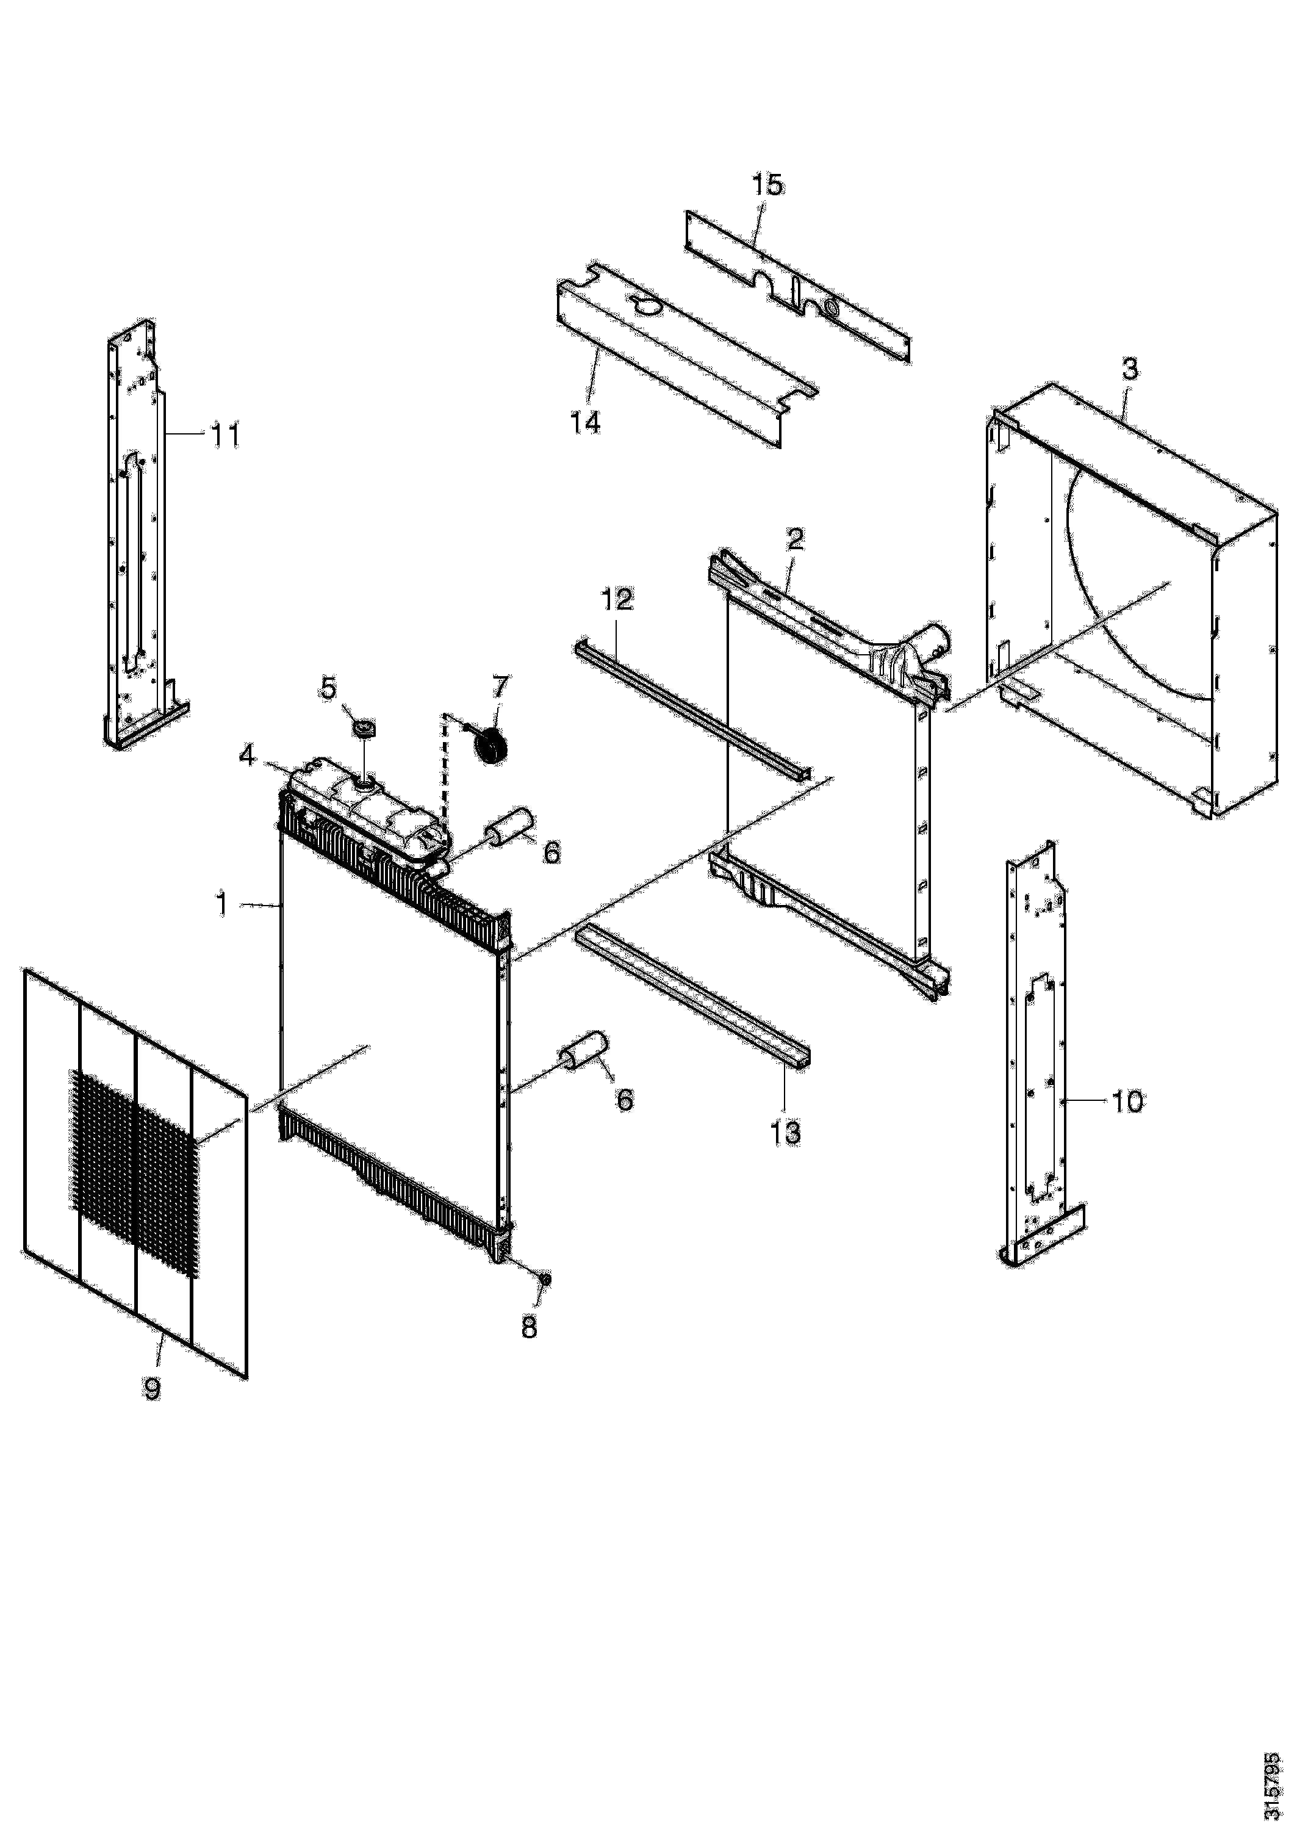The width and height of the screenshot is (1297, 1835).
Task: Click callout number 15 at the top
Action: pyautogui.click(x=767, y=186)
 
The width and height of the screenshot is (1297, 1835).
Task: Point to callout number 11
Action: pyautogui.click(x=225, y=436)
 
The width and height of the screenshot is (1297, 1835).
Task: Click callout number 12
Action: pyautogui.click(x=616, y=599)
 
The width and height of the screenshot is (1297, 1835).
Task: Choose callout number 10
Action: pyautogui.click(x=1127, y=1102)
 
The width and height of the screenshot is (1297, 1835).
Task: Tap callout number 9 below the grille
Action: pyautogui.click(x=152, y=1388)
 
